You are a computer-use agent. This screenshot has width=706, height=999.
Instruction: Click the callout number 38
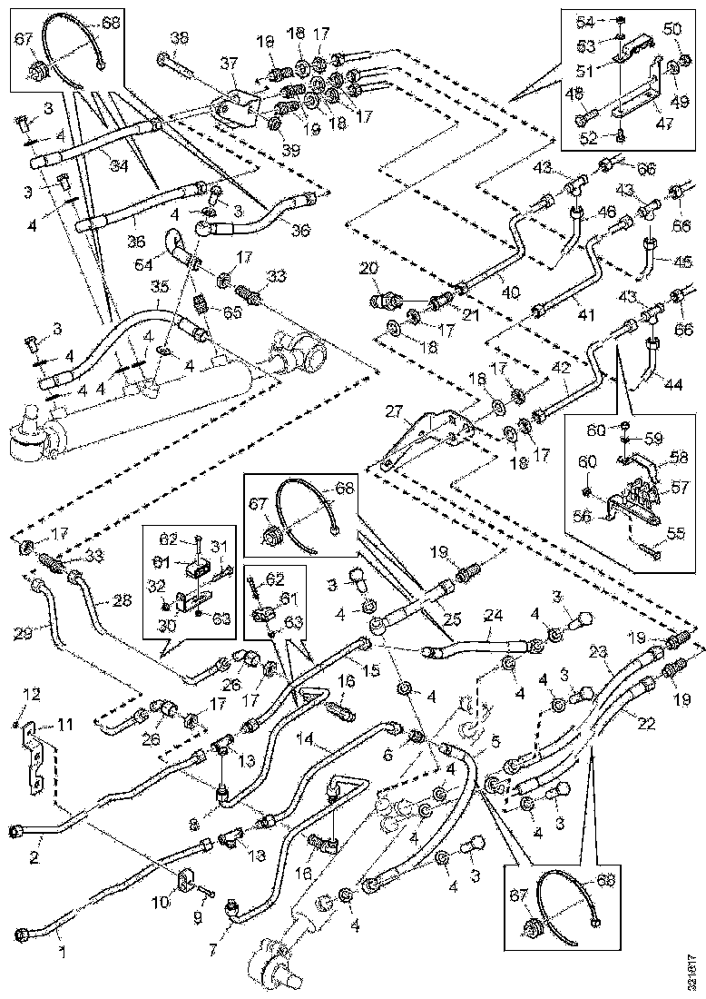(180, 38)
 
